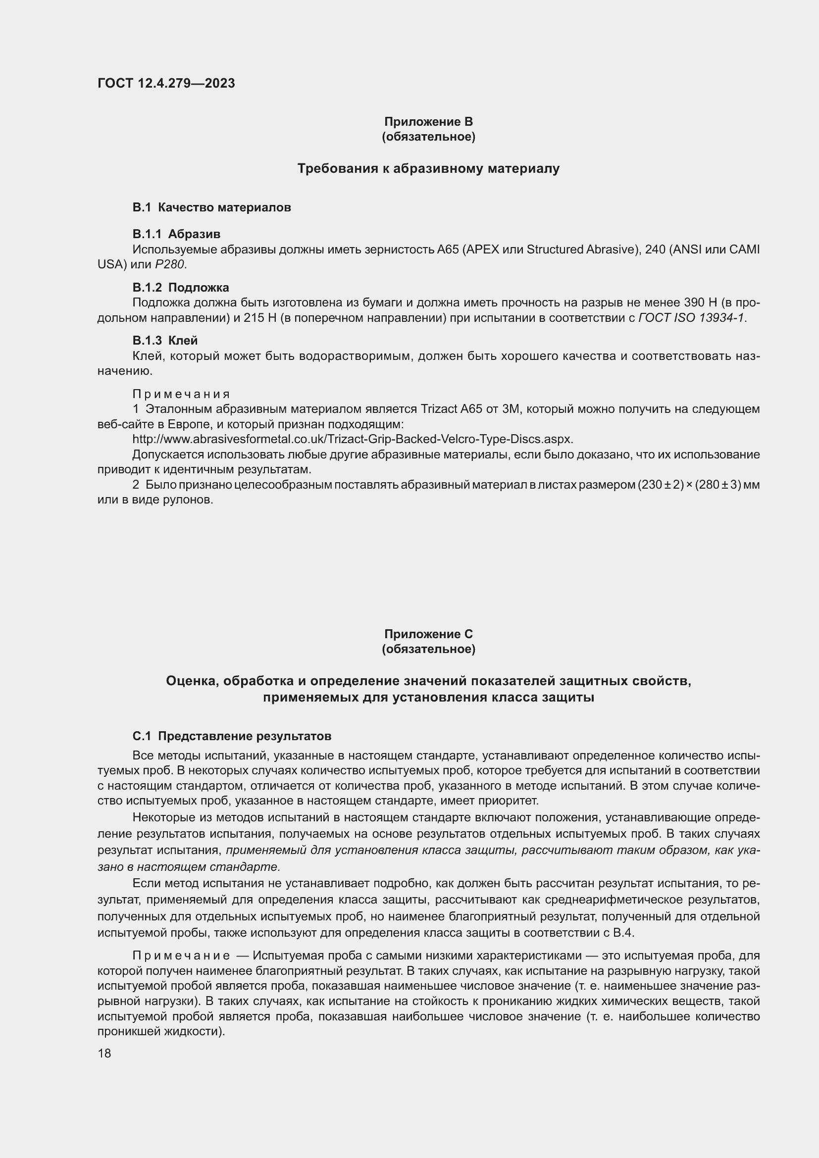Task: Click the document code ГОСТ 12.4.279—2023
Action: [166, 83]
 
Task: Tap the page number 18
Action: [104, 1053]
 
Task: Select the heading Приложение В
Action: [428, 122]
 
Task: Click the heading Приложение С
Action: [428, 634]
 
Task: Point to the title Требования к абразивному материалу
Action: [428, 168]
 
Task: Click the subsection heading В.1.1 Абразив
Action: [176, 234]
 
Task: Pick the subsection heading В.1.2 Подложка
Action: [181, 288]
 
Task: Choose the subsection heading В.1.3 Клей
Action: [165, 341]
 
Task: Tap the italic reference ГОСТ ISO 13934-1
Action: [691, 318]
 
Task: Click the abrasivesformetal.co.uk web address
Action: [353, 439]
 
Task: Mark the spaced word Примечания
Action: [181, 394]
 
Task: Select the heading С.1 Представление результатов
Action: [231, 736]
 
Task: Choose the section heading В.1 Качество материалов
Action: [211, 207]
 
